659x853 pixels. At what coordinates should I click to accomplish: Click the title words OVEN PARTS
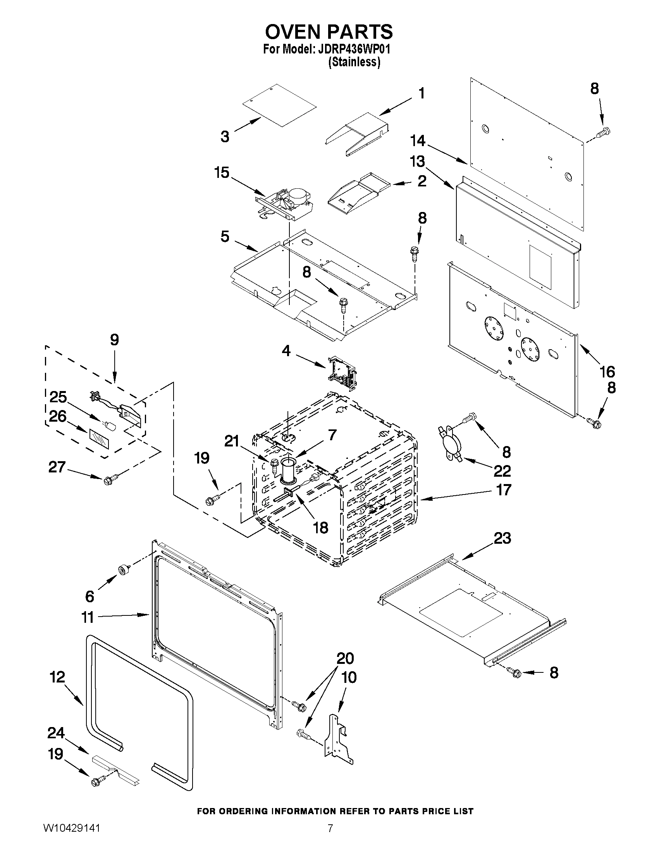tap(329, 32)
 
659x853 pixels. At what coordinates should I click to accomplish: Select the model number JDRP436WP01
tap(354, 50)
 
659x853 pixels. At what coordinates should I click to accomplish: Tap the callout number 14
tap(418, 141)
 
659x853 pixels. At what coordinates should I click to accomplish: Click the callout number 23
tap(502, 538)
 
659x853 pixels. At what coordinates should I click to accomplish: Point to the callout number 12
tap(57, 677)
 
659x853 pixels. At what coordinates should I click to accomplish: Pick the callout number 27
tap(57, 467)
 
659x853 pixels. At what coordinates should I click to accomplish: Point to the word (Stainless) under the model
tap(354, 62)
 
